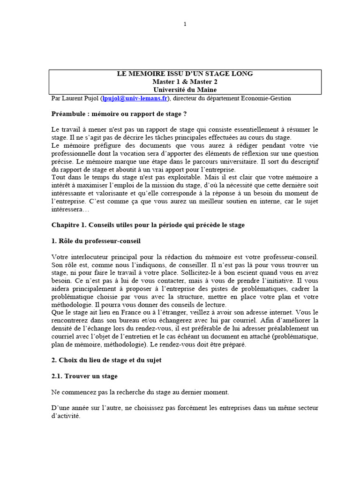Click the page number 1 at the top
coord(185,24)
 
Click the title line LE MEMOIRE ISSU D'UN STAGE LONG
coord(185,74)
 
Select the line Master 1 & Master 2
coord(185,82)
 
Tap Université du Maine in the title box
coord(185,90)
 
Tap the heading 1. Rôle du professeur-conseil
coord(96,241)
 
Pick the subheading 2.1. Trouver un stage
coord(84,376)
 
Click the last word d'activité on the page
coord(66,416)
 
